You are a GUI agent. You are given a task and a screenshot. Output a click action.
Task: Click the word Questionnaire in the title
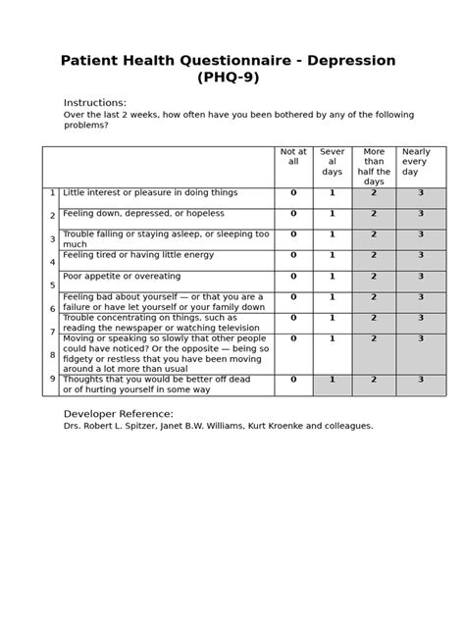pyautogui.click(x=231, y=61)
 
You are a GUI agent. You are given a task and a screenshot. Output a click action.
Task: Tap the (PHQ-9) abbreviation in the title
pyautogui.click(x=229, y=78)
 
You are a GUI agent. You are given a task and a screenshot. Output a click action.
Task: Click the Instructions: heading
pyautogui.click(x=95, y=103)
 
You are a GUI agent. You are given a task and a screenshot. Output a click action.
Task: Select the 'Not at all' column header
pyautogui.click(x=293, y=157)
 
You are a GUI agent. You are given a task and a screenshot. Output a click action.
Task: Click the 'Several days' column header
pyautogui.click(x=333, y=162)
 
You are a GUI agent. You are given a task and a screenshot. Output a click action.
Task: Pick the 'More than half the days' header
pyautogui.click(x=374, y=167)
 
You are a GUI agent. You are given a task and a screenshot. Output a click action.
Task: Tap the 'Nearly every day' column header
pyautogui.click(x=416, y=162)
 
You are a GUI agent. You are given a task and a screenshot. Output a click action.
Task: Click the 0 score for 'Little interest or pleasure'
pyautogui.click(x=293, y=193)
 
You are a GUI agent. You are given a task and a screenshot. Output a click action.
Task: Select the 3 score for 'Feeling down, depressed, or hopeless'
pyautogui.click(x=421, y=214)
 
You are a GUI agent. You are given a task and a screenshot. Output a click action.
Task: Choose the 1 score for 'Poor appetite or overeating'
pyautogui.click(x=333, y=277)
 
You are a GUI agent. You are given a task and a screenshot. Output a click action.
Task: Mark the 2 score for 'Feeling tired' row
pyautogui.click(x=374, y=255)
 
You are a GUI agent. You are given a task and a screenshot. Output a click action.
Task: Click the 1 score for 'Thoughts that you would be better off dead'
pyautogui.click(x=333, y=380)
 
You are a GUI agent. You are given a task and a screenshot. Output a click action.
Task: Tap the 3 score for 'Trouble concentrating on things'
pyautogui.click(x=421, y=318)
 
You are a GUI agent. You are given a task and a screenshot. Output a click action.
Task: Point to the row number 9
pyautogui.click(x=52, y=379)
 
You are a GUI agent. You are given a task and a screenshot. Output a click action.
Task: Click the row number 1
pyautogui.click(x=52, y=193)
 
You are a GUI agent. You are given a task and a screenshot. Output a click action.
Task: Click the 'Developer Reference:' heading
pyautogui.click(x=118, y=414)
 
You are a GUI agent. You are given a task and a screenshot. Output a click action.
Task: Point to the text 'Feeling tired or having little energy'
pyautogui.click(x=138, y=255)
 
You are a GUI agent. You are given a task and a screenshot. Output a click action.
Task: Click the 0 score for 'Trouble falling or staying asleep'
pyautogui.click(x=293, y=234)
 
